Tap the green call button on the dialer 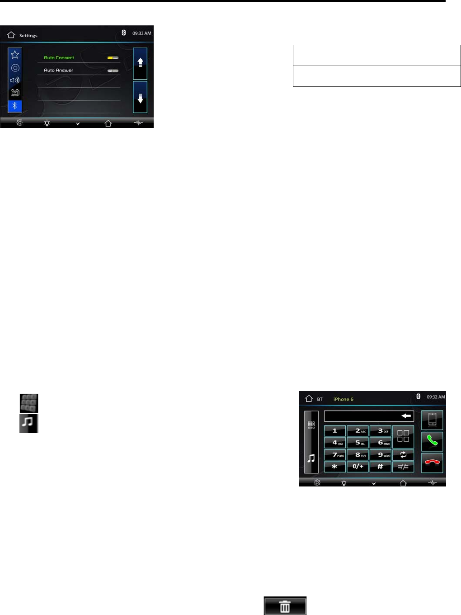click(x=432, y=441)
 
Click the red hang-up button click(x=432, y=462)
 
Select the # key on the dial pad click(x=380, y=467)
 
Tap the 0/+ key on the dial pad click(x=358, y=467)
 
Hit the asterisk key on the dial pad click(x=334, y=467)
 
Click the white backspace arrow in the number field click(x=406, y=415)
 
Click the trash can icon click(x=285, y=606)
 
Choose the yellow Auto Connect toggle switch click(x=113, y=58)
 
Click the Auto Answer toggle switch click(x=113, y=71)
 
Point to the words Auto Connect click(x=59, y=58)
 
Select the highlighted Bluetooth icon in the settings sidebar click(x=15, y=106)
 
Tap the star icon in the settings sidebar click(x=15, y=55)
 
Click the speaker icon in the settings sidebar click(x=15, y=80)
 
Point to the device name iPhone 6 click(x=343, y=399)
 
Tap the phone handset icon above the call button click(x=432, y=420)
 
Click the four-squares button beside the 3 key click(x=403, y=436)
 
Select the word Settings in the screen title click(x=28, y=35)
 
